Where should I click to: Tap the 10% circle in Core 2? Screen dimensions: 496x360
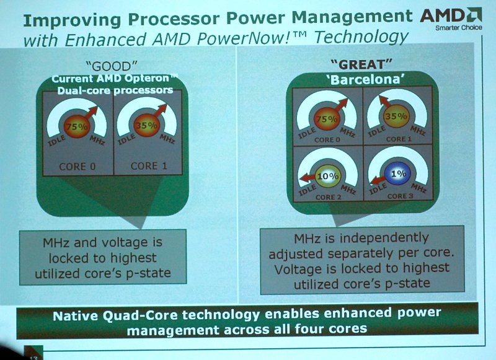click(328, 176)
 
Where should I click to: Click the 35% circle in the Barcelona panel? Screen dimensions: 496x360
click(396, 116)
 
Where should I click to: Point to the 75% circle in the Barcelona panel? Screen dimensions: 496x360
click(327, 118)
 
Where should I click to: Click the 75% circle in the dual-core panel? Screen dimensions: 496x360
click(77, 126)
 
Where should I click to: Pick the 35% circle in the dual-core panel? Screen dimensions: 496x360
click(146, 125)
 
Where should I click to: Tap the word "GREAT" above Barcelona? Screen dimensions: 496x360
click(361, 64)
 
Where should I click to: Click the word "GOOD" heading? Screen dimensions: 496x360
click(112, 66)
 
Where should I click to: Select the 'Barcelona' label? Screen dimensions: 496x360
click(367, 80)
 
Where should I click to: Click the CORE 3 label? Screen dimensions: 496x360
click(400, 196)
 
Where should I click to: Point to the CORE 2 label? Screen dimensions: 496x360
click(328, 197)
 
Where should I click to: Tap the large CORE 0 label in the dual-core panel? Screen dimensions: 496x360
click(77, 167)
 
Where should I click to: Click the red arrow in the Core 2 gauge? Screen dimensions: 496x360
click(308, 178)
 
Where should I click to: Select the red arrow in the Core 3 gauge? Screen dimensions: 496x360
click(378, 180)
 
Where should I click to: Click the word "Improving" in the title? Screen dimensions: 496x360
click(72, 20)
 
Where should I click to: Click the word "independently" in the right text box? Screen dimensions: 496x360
click(384, 239)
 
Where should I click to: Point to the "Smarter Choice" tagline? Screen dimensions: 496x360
click(459, 27)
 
